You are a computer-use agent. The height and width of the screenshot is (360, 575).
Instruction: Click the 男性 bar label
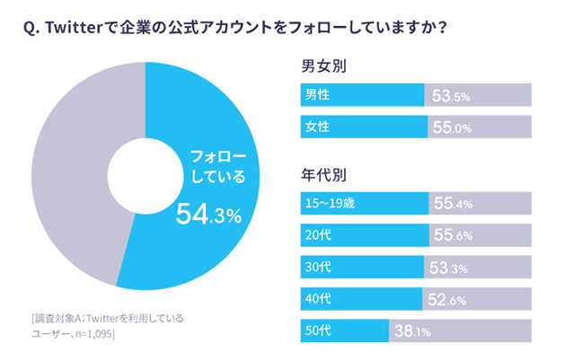317,94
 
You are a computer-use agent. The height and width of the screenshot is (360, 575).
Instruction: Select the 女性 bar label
317,127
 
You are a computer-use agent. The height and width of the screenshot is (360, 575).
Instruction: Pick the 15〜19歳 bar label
331,203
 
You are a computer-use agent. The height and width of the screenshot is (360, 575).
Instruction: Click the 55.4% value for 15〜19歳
454,204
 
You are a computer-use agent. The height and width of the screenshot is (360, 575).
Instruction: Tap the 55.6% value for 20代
454,236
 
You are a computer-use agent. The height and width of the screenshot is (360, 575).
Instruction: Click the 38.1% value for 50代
412,331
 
